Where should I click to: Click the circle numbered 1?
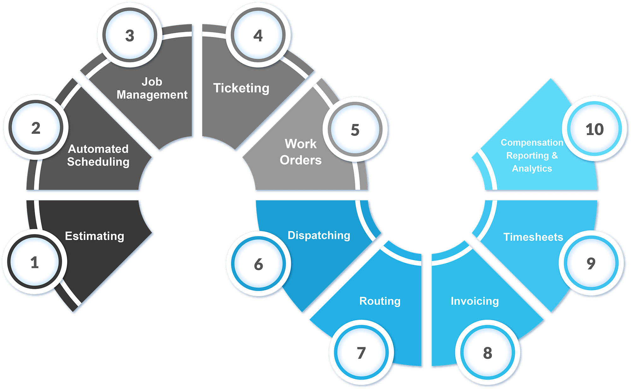click(x=35, y=262)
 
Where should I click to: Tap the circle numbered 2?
click(x=36, y=128)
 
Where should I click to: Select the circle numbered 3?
click(x=130, y=35)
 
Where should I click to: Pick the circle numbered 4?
click(x=258, y=35)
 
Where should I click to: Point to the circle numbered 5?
click(x=355, y=130)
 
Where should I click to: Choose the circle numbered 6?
click(x=258, y=264)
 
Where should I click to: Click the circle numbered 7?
click(x=361, y=353)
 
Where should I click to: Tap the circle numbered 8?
click(x=488, y=353)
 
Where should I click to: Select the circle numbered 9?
click(x=591, y=263)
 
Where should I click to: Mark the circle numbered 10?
click(x=595, y=129)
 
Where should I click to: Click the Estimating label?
click(x=94, y=236)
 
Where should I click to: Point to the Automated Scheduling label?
click(x=98, y=155)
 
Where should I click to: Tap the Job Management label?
click(x=152, y=88)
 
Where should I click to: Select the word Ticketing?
click(x=241, y=88)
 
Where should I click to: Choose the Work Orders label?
click(x=301, y=152)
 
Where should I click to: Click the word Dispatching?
click(x=319, y=235)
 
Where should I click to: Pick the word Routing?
click(x=380, y=301)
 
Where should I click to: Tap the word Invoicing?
click(x=475, y=301)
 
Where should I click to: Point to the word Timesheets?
click(x=533, y=237)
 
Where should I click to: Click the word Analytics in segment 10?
click(x=532, y=169)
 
